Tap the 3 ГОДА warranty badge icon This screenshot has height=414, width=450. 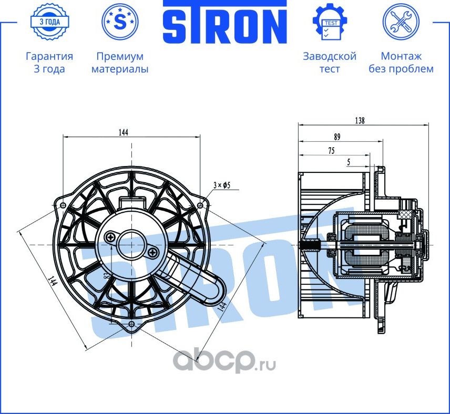(x=49, y=22)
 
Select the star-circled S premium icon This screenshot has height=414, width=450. (x=120, y=22)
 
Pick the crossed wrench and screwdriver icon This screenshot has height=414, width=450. (x=401, y=22)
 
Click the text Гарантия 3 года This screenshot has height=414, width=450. (x=49, y=63)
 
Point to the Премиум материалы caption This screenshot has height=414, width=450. (x=120, y=63)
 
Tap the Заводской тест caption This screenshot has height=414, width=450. (x=329, y=63)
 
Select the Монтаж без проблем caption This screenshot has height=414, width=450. (x=401, y=63)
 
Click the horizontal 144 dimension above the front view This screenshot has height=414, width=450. (x=123, y=132)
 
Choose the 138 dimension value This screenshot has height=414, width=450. (x=360, y=120)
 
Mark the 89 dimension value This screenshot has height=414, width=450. (x=337, y=137)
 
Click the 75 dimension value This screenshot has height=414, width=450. (x=331, y=151)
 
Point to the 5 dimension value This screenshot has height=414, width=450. (x=349, y=163)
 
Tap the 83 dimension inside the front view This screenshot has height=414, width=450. (x=107, y=275)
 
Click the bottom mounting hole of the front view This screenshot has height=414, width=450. (x=131, y=325)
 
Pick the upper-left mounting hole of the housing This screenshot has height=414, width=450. (x=64, y=205)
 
